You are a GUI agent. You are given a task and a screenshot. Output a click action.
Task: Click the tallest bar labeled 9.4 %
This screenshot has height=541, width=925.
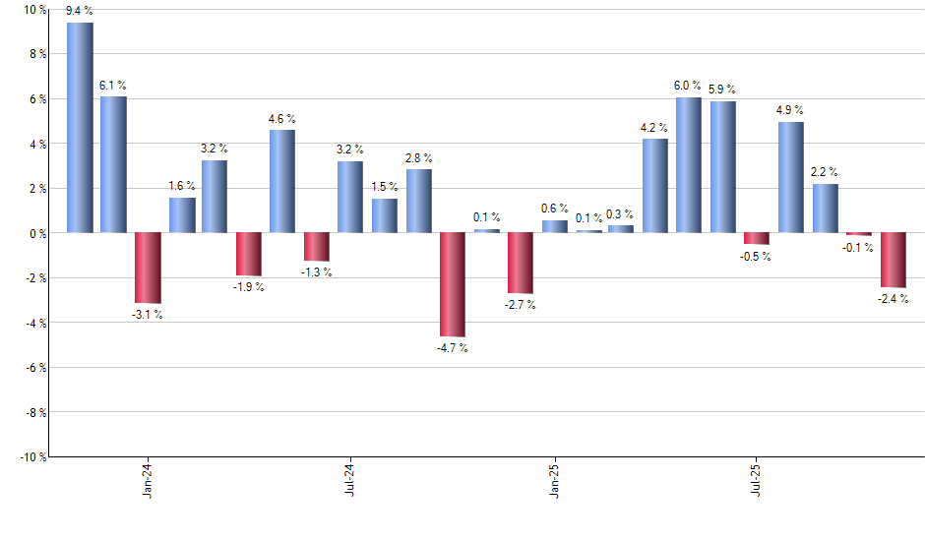pos(80,128)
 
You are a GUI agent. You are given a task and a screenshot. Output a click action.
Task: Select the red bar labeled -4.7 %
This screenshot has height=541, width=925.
pos(453,284)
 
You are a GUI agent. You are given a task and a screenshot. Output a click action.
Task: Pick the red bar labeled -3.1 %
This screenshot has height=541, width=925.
pos(148,268)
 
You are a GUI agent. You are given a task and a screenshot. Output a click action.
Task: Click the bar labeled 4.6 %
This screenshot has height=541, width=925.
pos(282,181)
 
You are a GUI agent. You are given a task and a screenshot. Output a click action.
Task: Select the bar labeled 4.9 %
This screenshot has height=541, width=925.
pos(790,177)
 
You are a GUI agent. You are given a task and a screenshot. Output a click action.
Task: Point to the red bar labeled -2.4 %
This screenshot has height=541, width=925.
pos(893,260)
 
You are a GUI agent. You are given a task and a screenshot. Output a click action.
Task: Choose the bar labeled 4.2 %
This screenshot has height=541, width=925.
pos(655,186)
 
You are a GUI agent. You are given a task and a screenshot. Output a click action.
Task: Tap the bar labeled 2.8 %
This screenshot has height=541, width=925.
pos(418,201)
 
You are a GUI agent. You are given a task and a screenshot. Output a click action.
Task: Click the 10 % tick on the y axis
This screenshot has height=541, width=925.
pos(34,10)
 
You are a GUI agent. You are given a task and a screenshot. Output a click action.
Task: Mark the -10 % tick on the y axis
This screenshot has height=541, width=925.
pos(32,456)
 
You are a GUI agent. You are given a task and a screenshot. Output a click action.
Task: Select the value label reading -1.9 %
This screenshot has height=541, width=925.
pos(249,287)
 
